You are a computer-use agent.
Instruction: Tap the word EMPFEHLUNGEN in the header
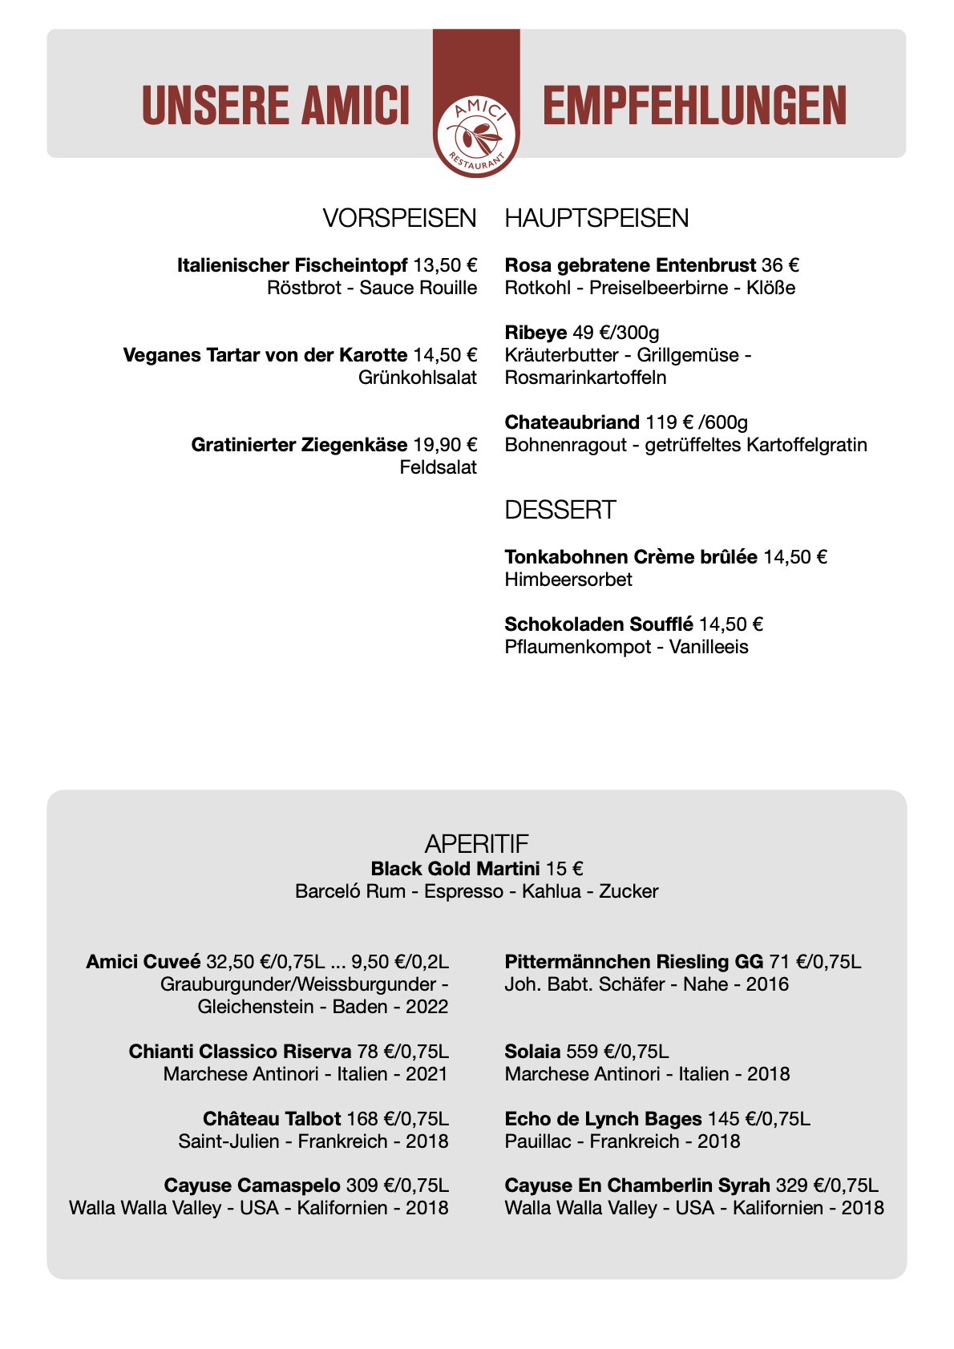694,106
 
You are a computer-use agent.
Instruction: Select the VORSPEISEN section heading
399,218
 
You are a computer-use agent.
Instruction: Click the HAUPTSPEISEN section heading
596,218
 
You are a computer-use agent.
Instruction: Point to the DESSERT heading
560,510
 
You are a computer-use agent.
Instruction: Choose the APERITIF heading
476,843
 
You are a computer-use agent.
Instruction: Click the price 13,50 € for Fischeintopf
445,265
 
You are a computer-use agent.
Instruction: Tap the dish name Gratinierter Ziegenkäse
299,445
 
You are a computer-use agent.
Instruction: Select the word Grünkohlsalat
418,378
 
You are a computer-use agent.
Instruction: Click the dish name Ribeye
536,333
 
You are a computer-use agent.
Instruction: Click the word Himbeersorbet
568,580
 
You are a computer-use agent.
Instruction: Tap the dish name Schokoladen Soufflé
599,624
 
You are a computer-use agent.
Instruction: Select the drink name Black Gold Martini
455,869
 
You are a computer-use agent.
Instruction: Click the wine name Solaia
532,1052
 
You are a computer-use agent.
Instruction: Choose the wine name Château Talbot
272,1119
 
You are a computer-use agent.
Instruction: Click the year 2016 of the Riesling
767,984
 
